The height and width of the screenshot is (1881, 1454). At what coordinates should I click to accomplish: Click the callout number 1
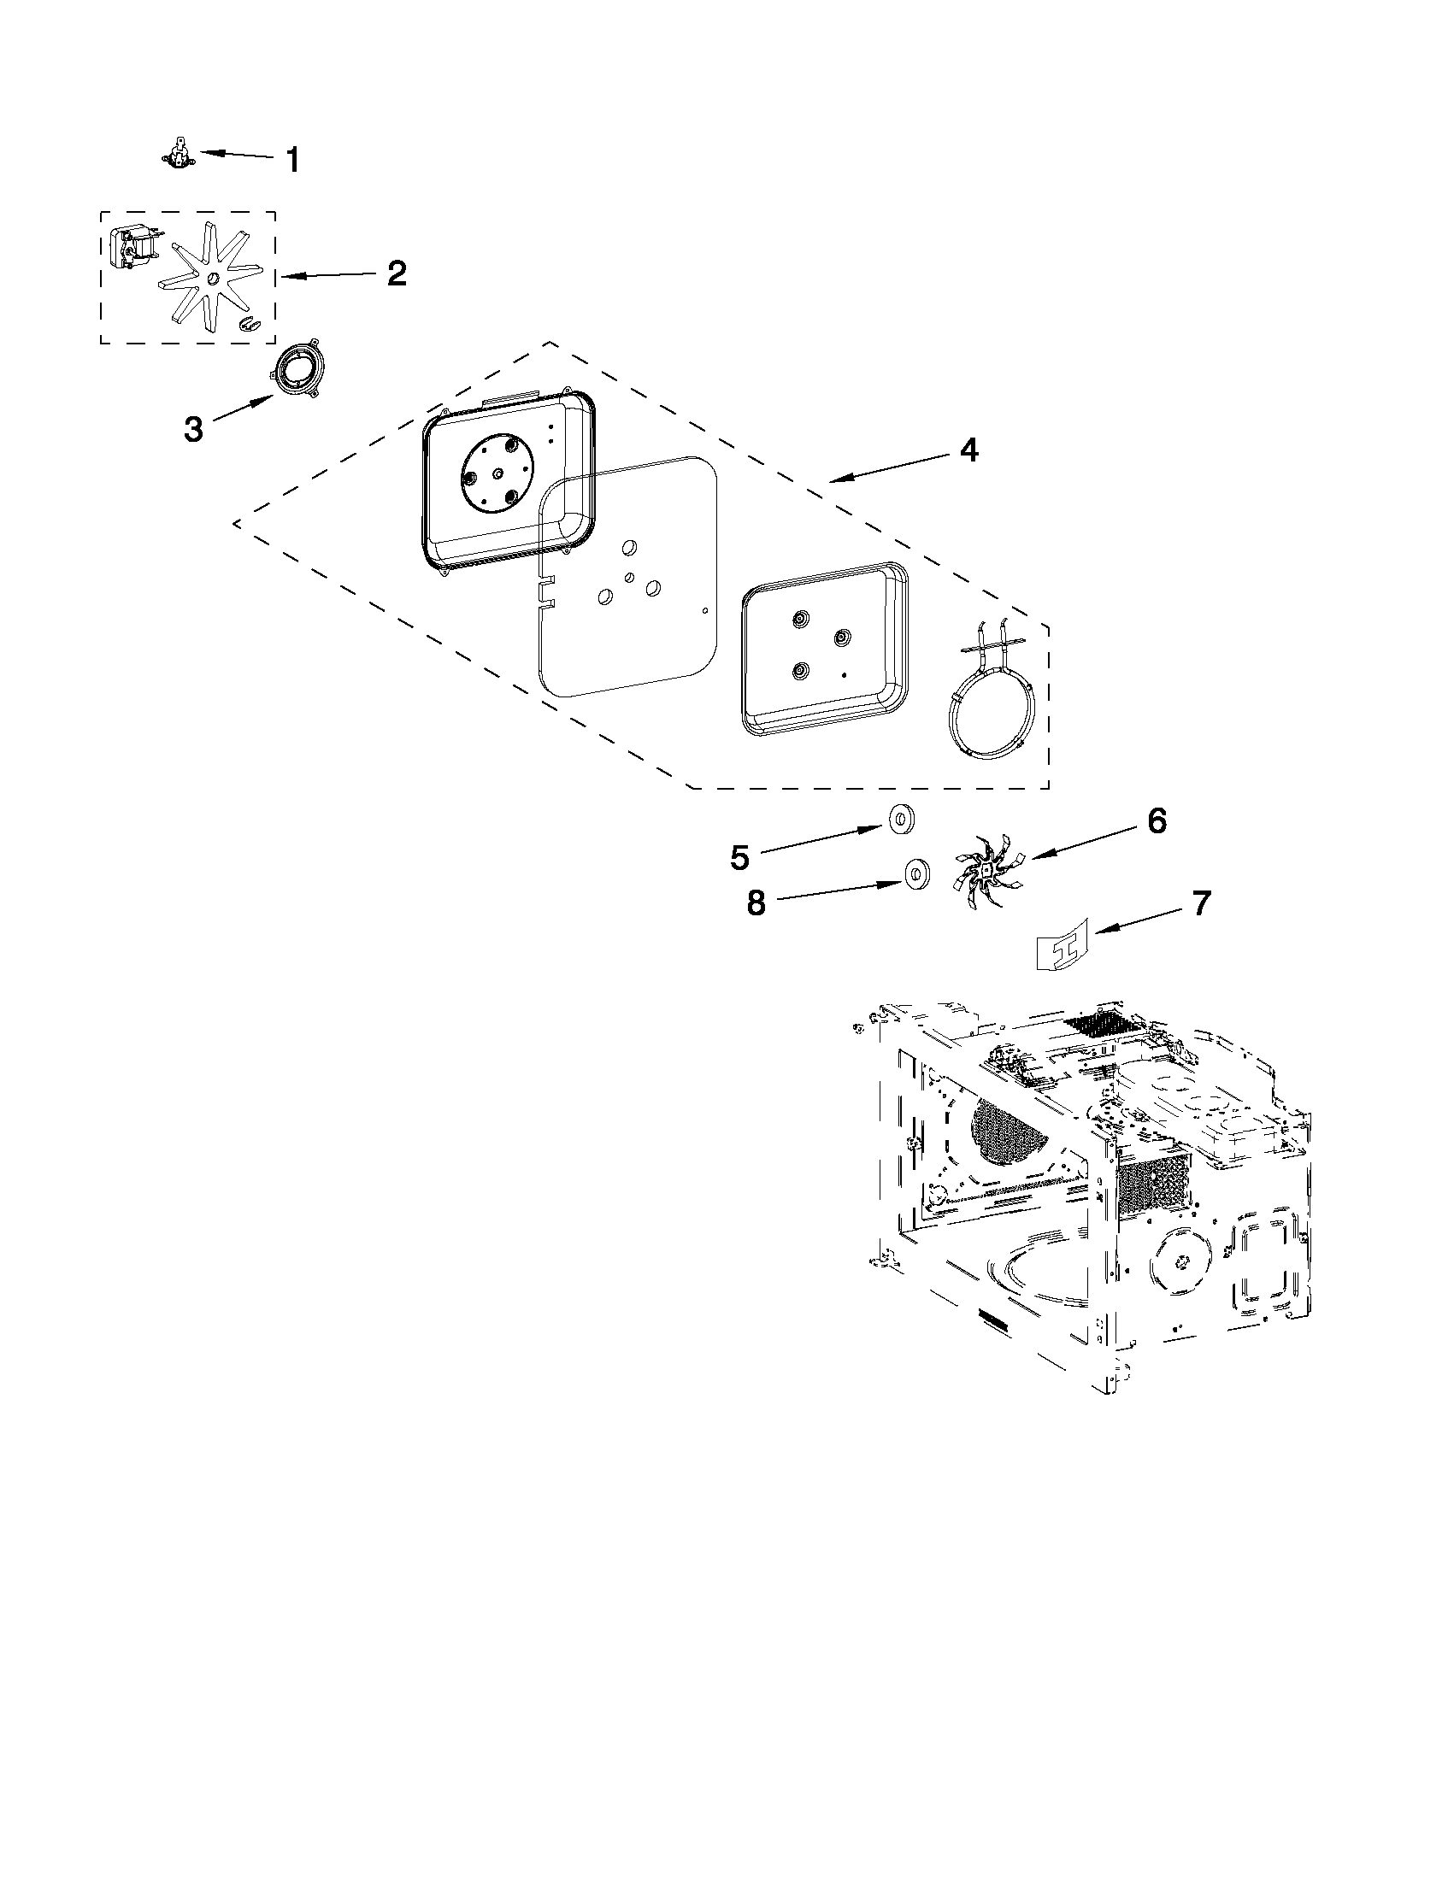point(293,159)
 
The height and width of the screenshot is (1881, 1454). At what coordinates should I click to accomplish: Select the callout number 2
point(396,273)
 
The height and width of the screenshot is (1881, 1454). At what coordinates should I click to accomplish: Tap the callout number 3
point(194,429)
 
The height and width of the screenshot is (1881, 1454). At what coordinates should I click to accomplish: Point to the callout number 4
point(969,450)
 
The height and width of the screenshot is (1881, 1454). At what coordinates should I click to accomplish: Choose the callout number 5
point(740,857)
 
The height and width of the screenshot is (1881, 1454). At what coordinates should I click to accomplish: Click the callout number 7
point(1200,903)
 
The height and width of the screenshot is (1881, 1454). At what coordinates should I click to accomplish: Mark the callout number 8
point(756,904)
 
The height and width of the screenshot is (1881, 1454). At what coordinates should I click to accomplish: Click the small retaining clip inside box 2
point(248,323)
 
